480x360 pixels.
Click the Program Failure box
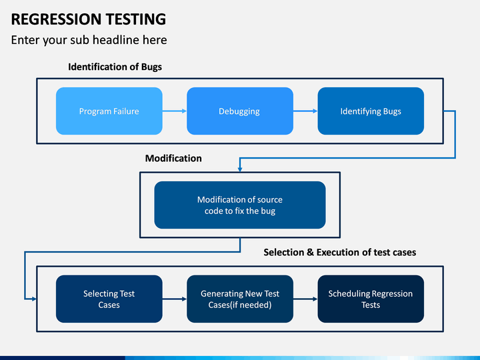(109, 111)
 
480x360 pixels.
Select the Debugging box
(240, 111)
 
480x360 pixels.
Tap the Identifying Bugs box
(371, 111)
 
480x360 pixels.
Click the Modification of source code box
(240, 205)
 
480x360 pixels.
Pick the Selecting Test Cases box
(109, 299)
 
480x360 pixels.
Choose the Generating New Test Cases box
(240, 299)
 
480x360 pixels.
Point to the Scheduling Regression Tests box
(371, 299)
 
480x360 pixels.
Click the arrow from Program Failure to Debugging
(175, 111)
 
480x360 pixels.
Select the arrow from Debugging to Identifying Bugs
(305, 111)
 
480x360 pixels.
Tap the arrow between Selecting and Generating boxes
(175, 299)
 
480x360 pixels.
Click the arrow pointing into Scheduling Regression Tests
(305, 299)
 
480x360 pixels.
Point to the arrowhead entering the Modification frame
(240, 169)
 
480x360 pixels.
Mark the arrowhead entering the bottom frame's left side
(34, 299)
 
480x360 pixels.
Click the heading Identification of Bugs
(115, 67)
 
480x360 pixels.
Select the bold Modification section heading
(173, 158)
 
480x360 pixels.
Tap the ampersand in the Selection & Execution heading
(311, 252)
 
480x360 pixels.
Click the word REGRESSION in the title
(54, 19)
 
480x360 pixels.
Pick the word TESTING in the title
(134, 19)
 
